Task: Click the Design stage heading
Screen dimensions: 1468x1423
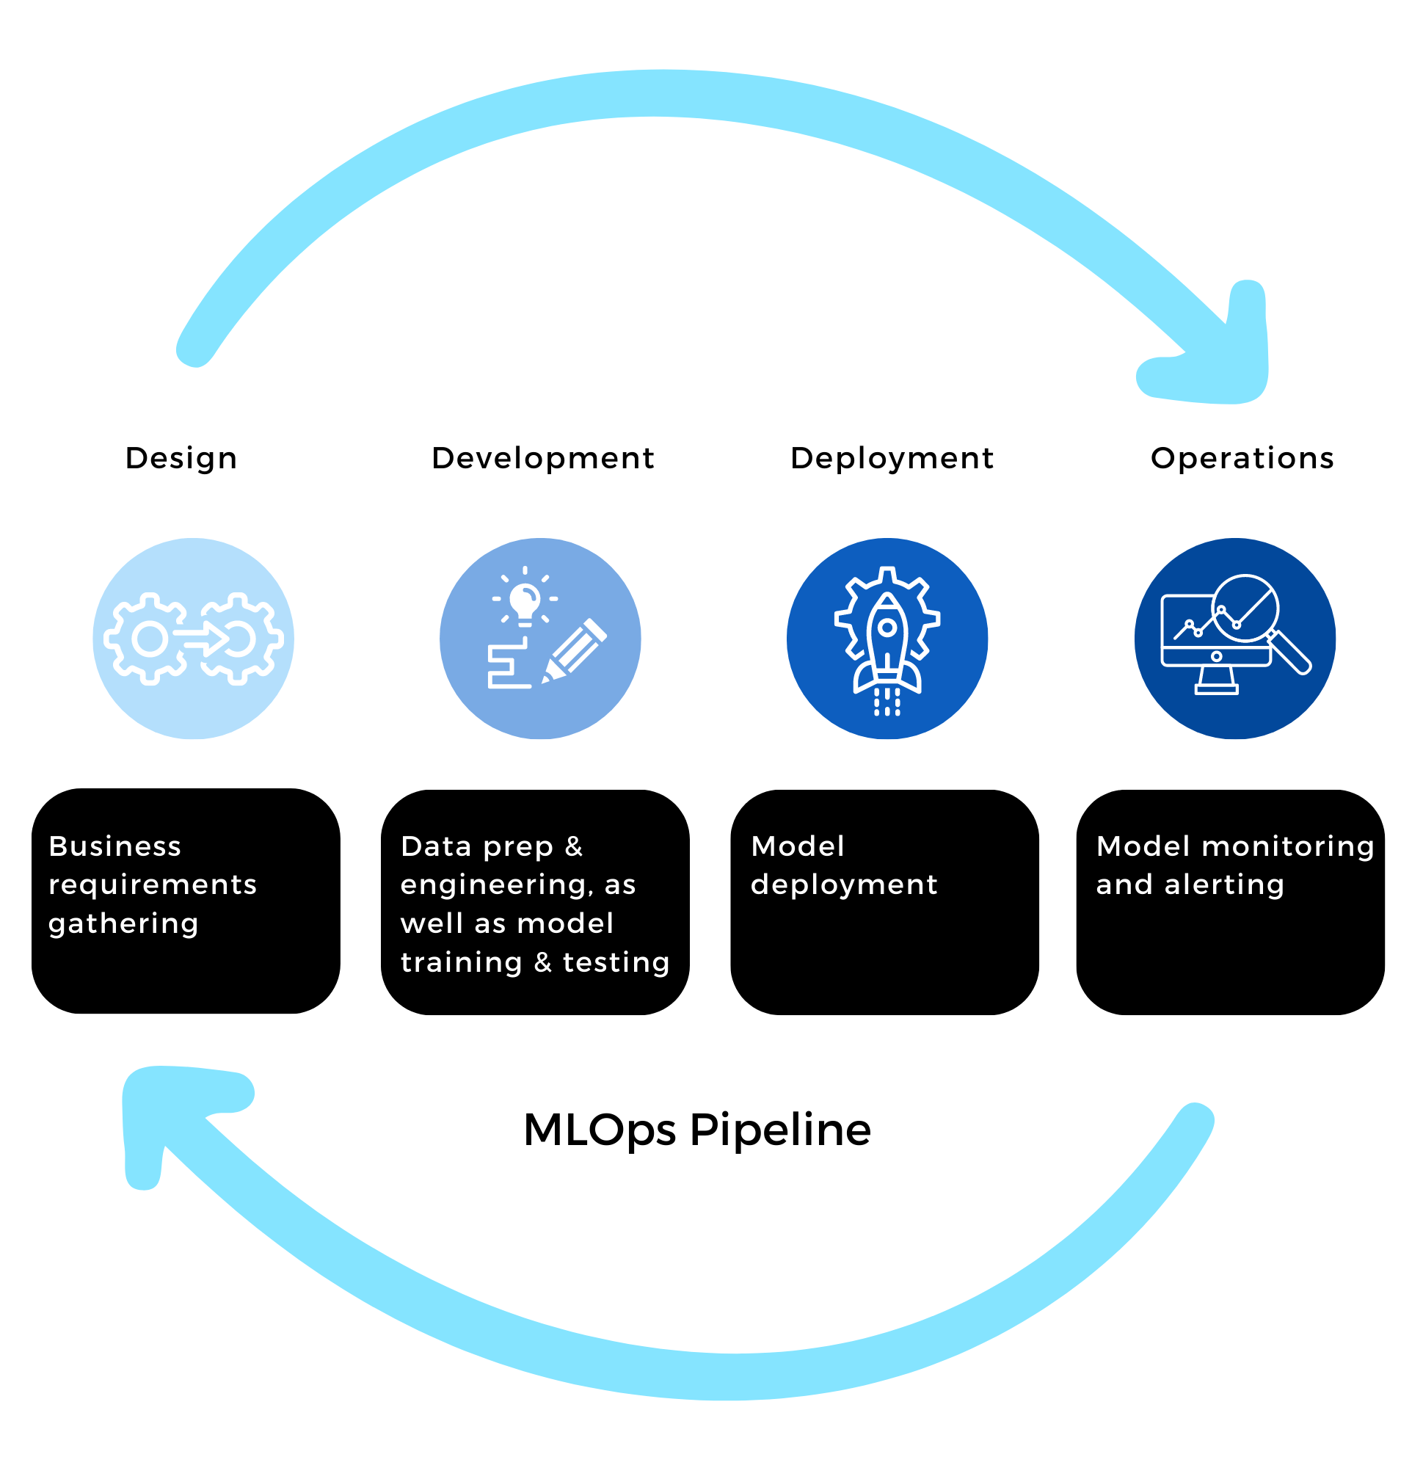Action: (181, 457)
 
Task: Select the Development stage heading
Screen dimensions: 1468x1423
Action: (543, 457)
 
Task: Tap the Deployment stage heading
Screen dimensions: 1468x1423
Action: (891, 457)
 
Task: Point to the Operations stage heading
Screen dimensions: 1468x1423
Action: (1242, 457)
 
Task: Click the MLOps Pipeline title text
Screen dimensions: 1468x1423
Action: (696, 1130)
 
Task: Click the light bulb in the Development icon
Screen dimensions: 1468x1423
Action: (524, 601)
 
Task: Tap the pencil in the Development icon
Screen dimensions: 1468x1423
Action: (575, 650)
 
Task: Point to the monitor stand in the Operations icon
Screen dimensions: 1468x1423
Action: (1215, 680)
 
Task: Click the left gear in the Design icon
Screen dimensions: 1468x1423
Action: (150, 639)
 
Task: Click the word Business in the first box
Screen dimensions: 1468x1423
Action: (114, 846)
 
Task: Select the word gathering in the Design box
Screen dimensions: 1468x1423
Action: (123, 923)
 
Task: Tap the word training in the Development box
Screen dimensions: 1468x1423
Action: (462, 962)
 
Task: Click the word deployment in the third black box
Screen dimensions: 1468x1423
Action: (843, 885)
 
